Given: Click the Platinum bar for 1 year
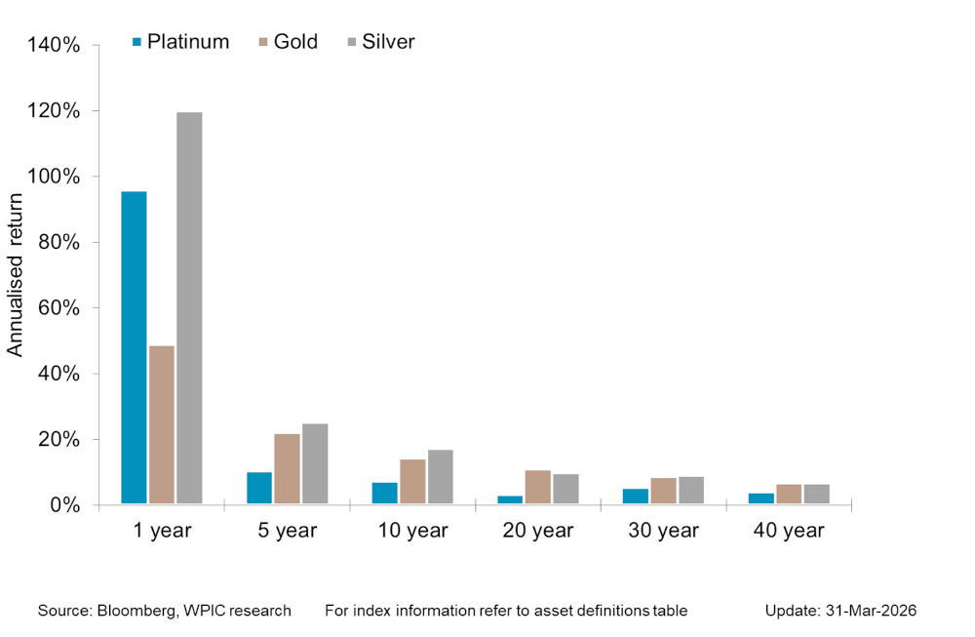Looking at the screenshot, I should tap(134, 348).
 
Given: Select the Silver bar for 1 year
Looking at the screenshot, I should tap(189, 308).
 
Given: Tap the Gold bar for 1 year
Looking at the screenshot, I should tap(162, 425).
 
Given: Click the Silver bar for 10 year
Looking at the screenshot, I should tap(441, 477).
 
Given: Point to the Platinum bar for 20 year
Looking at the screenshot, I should tap(511, 499).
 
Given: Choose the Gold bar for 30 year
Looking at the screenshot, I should tap(664, 491).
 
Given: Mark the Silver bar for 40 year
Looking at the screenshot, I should tap(817, 494).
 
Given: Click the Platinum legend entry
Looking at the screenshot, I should tap(180, 42).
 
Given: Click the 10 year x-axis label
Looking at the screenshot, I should tap(412, 532).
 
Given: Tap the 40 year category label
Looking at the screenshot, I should tap(789, 532).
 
